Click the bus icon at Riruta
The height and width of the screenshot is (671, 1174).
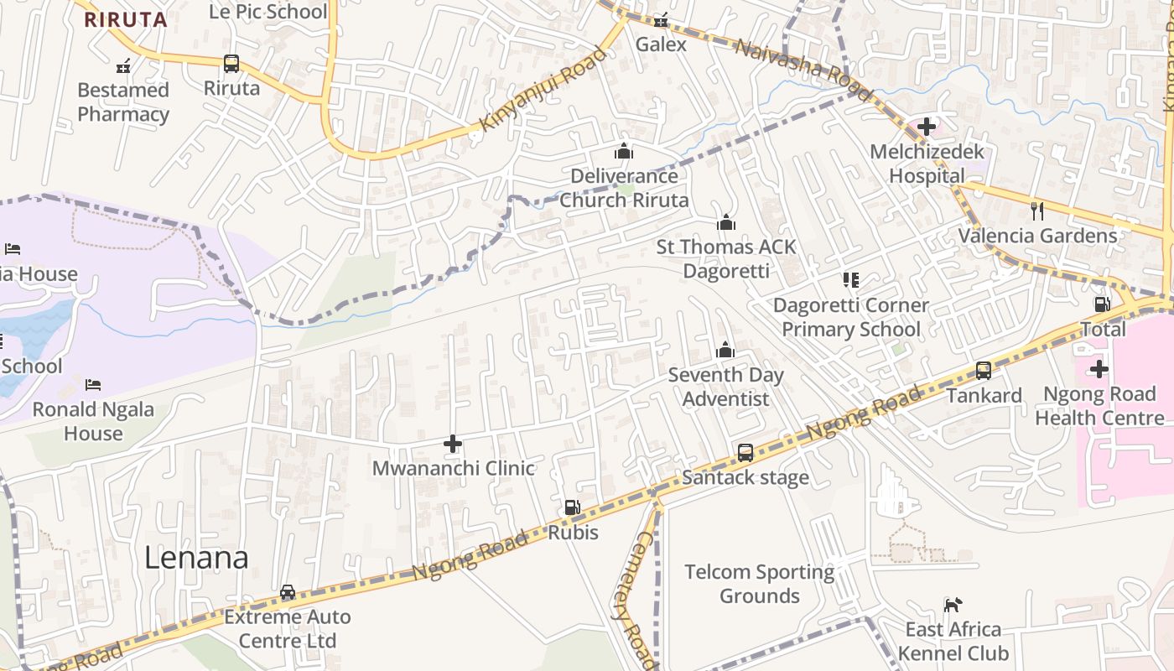point(231,64)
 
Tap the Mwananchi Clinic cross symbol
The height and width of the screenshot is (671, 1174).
point(453,444)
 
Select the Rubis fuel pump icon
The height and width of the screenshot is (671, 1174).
point(572,507)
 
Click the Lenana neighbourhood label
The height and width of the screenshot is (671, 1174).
point(196,558)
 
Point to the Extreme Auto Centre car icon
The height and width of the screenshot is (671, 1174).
point(288,592)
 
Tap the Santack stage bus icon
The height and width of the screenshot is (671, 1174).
point(745,453)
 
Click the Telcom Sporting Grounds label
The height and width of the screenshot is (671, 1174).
point(760,584)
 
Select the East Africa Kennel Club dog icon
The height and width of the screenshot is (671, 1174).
point(953,605)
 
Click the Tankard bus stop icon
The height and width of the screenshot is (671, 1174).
point(984,370)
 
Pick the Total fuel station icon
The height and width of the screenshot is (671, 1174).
point(1103,304)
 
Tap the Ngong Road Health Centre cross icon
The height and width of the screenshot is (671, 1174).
point(1099,369)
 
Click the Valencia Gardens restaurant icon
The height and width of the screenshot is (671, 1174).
point(1037,211)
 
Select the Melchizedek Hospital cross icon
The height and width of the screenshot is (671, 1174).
point(927,127)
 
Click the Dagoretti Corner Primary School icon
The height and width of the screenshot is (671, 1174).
point(851,280)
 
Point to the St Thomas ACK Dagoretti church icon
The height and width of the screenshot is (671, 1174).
point(726,222)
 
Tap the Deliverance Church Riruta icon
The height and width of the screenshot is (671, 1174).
point(623,151)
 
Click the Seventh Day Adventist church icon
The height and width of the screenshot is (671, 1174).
point(725,350)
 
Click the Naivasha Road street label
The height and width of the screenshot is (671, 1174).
point(792,60)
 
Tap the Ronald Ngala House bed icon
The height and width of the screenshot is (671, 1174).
point(93,385)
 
